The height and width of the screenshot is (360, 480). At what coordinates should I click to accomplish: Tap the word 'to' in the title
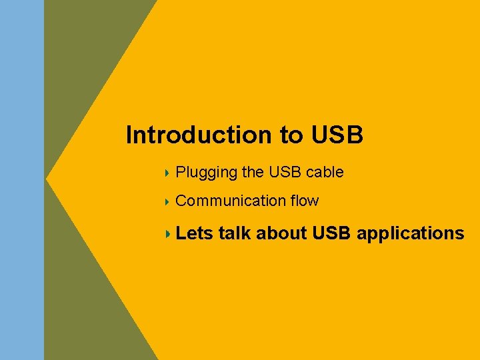click(x=291, y=135)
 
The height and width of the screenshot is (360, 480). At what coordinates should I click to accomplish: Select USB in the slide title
click(x=337, y=135)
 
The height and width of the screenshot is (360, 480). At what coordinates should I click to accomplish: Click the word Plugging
click(x=206, y=173)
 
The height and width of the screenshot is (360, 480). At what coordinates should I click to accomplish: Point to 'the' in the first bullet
click(x=253, y=172)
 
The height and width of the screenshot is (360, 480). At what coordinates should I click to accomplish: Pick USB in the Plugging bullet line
click(x=285, y=172)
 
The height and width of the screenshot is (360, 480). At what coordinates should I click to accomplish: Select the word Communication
click(x=231, y=201)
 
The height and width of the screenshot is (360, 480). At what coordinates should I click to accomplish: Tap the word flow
click(x=305, y=201)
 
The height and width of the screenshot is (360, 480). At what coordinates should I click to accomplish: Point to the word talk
click(x=235, y=233)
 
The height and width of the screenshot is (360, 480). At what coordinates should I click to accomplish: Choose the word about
click(x=281, y=233)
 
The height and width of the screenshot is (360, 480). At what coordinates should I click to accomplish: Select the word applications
click(x=411, y=234)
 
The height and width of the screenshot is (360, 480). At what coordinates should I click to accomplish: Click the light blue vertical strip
click(x=22, y=180)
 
